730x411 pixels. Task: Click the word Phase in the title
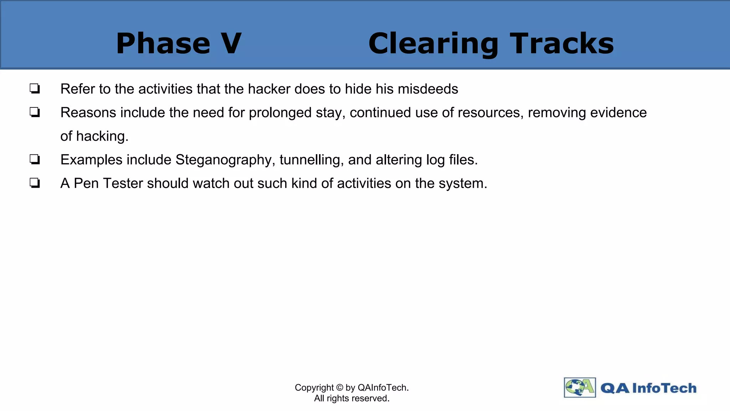click(x=163, y=44)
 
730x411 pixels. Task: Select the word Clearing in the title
click(x=433, y=44)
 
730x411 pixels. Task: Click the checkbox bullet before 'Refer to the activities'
click(x=35, y=88)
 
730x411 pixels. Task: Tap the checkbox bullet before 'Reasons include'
click(x=35, y=112)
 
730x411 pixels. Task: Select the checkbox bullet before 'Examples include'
click(x=35, y=159)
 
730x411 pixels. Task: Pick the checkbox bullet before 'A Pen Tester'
click(x=35, y=183)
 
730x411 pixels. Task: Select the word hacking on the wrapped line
click(x=102, y=136)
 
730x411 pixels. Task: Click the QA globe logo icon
click(x=580, y=387)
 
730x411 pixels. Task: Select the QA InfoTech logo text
click(x=648, y=388)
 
